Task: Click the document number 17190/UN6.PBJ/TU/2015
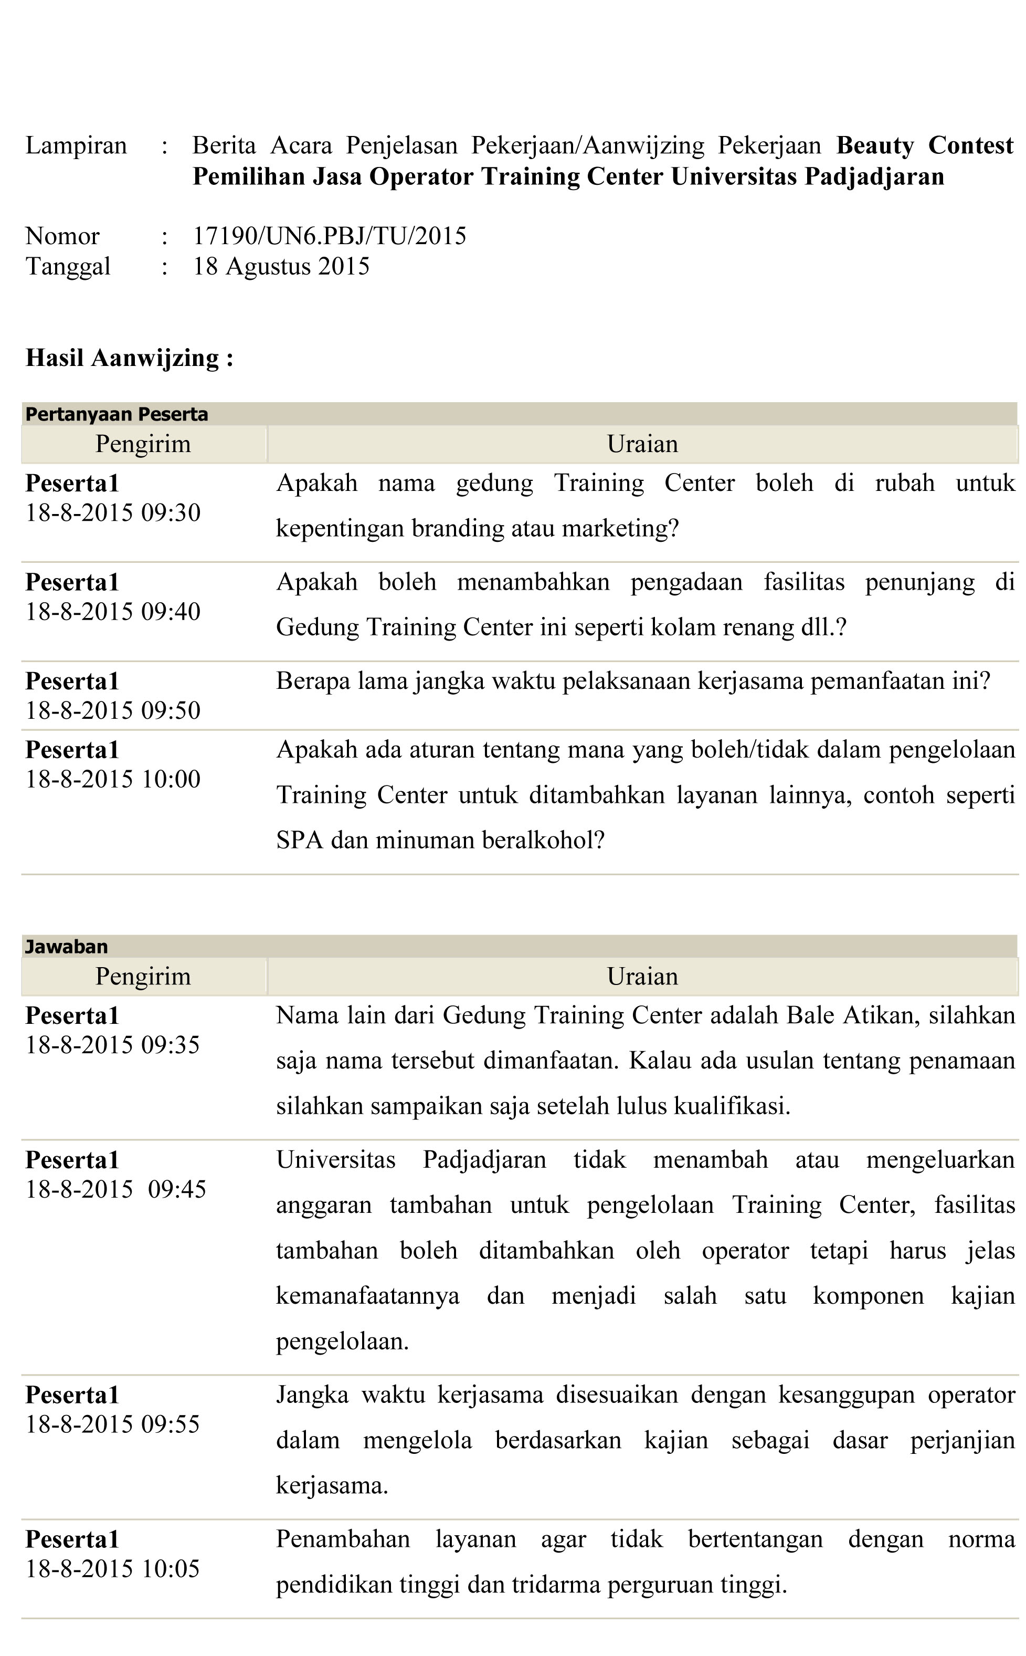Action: point(329,236)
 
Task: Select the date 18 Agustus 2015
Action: point(281,267)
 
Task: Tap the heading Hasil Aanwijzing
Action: point(129,358)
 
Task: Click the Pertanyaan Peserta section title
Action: point(117,414)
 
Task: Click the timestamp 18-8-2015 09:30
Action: point(113,513)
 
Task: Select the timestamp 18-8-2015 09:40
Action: point(113,612)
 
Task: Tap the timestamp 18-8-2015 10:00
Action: point(113,779)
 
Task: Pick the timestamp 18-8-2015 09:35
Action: point(113,1045)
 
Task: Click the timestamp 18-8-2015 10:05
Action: point(113,1568)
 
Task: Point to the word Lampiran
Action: point(76,146)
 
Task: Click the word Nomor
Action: point(62,236)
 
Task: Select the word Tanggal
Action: point(68,267)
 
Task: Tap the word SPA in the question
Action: point(299,840)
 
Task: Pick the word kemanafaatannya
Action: point(367,1296)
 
